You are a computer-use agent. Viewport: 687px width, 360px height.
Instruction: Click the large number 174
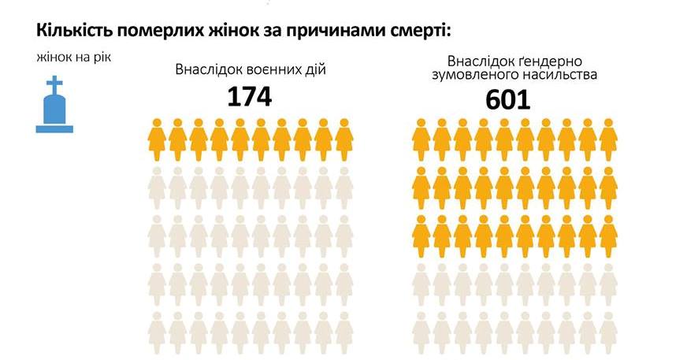249,96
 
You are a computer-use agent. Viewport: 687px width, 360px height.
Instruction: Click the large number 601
507,99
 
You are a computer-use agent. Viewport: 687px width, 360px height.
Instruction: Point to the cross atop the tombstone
54,83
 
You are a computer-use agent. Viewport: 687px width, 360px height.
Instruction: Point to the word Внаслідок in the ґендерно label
479,61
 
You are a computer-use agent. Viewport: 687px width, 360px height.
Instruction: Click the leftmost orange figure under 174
157,135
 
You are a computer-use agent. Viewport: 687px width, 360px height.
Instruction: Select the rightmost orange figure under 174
344,135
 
